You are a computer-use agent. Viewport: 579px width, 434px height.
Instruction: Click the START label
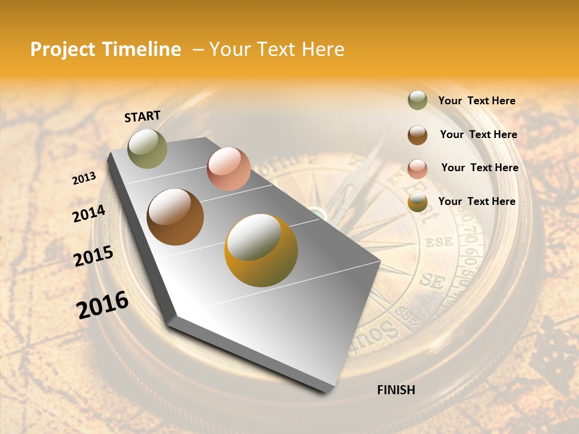[142, 116]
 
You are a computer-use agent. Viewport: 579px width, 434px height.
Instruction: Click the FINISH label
[396, 390]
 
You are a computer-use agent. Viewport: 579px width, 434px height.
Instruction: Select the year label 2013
[84, 178]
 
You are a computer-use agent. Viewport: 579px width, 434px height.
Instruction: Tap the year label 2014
[89, 214]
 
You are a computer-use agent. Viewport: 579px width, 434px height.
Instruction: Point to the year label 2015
[93, 256]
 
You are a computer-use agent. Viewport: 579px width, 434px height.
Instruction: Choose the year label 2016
[103, 305]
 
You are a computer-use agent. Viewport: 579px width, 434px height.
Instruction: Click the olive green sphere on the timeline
[147, 149]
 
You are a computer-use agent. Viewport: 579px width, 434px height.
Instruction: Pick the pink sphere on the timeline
[229, 169]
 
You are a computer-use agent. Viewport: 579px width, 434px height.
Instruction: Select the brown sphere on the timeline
[176, 217]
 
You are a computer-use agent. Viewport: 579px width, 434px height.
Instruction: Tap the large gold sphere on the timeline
[261, 250]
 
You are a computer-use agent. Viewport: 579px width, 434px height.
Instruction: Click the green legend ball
[417, 101]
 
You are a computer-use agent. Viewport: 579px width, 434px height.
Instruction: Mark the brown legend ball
[417, 135]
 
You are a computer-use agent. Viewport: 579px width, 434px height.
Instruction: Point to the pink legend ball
[417, 169]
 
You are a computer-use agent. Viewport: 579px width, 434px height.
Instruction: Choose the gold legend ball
[417, 203]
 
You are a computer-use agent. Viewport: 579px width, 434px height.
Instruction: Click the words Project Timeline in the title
[106, 49]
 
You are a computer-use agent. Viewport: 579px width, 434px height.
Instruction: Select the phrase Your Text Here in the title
[277, 49]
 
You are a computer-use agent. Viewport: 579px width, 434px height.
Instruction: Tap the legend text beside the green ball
[476, 101]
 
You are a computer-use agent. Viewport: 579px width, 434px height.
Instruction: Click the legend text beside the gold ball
[476, 201]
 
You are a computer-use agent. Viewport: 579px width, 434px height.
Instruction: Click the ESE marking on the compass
[438, 244]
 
